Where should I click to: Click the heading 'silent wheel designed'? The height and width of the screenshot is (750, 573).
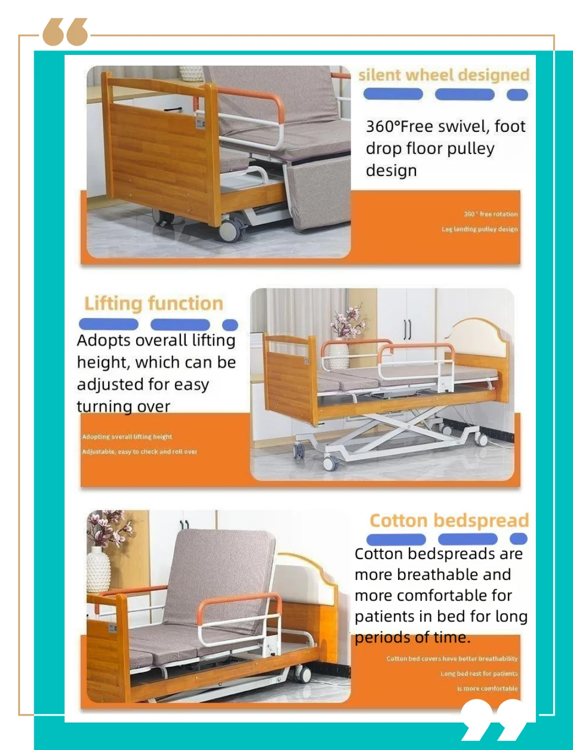coord(444,75)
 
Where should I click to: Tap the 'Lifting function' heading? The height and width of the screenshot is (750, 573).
coord(154,303)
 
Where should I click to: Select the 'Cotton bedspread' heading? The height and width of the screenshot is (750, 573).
coord(449,520)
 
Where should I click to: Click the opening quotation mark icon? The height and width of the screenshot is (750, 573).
coord(65,32)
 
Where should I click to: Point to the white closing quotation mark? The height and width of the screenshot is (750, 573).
coord(494,720)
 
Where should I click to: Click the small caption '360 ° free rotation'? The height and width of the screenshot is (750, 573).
coord(491,214)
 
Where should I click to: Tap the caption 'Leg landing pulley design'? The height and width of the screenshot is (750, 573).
coord(479,229)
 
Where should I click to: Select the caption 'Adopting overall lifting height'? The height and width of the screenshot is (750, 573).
coord(127,437)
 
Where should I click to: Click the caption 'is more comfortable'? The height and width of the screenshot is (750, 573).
coord(487,689)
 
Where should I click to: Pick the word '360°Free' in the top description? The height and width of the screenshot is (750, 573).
coord(399,126)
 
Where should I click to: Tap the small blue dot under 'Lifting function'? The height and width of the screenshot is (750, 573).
coord(230,324)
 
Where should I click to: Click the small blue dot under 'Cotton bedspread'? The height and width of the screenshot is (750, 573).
coord(518,539)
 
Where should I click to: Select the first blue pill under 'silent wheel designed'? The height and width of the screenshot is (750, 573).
coord(393,95)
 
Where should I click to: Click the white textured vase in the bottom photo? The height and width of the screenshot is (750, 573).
coord(98,570)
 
